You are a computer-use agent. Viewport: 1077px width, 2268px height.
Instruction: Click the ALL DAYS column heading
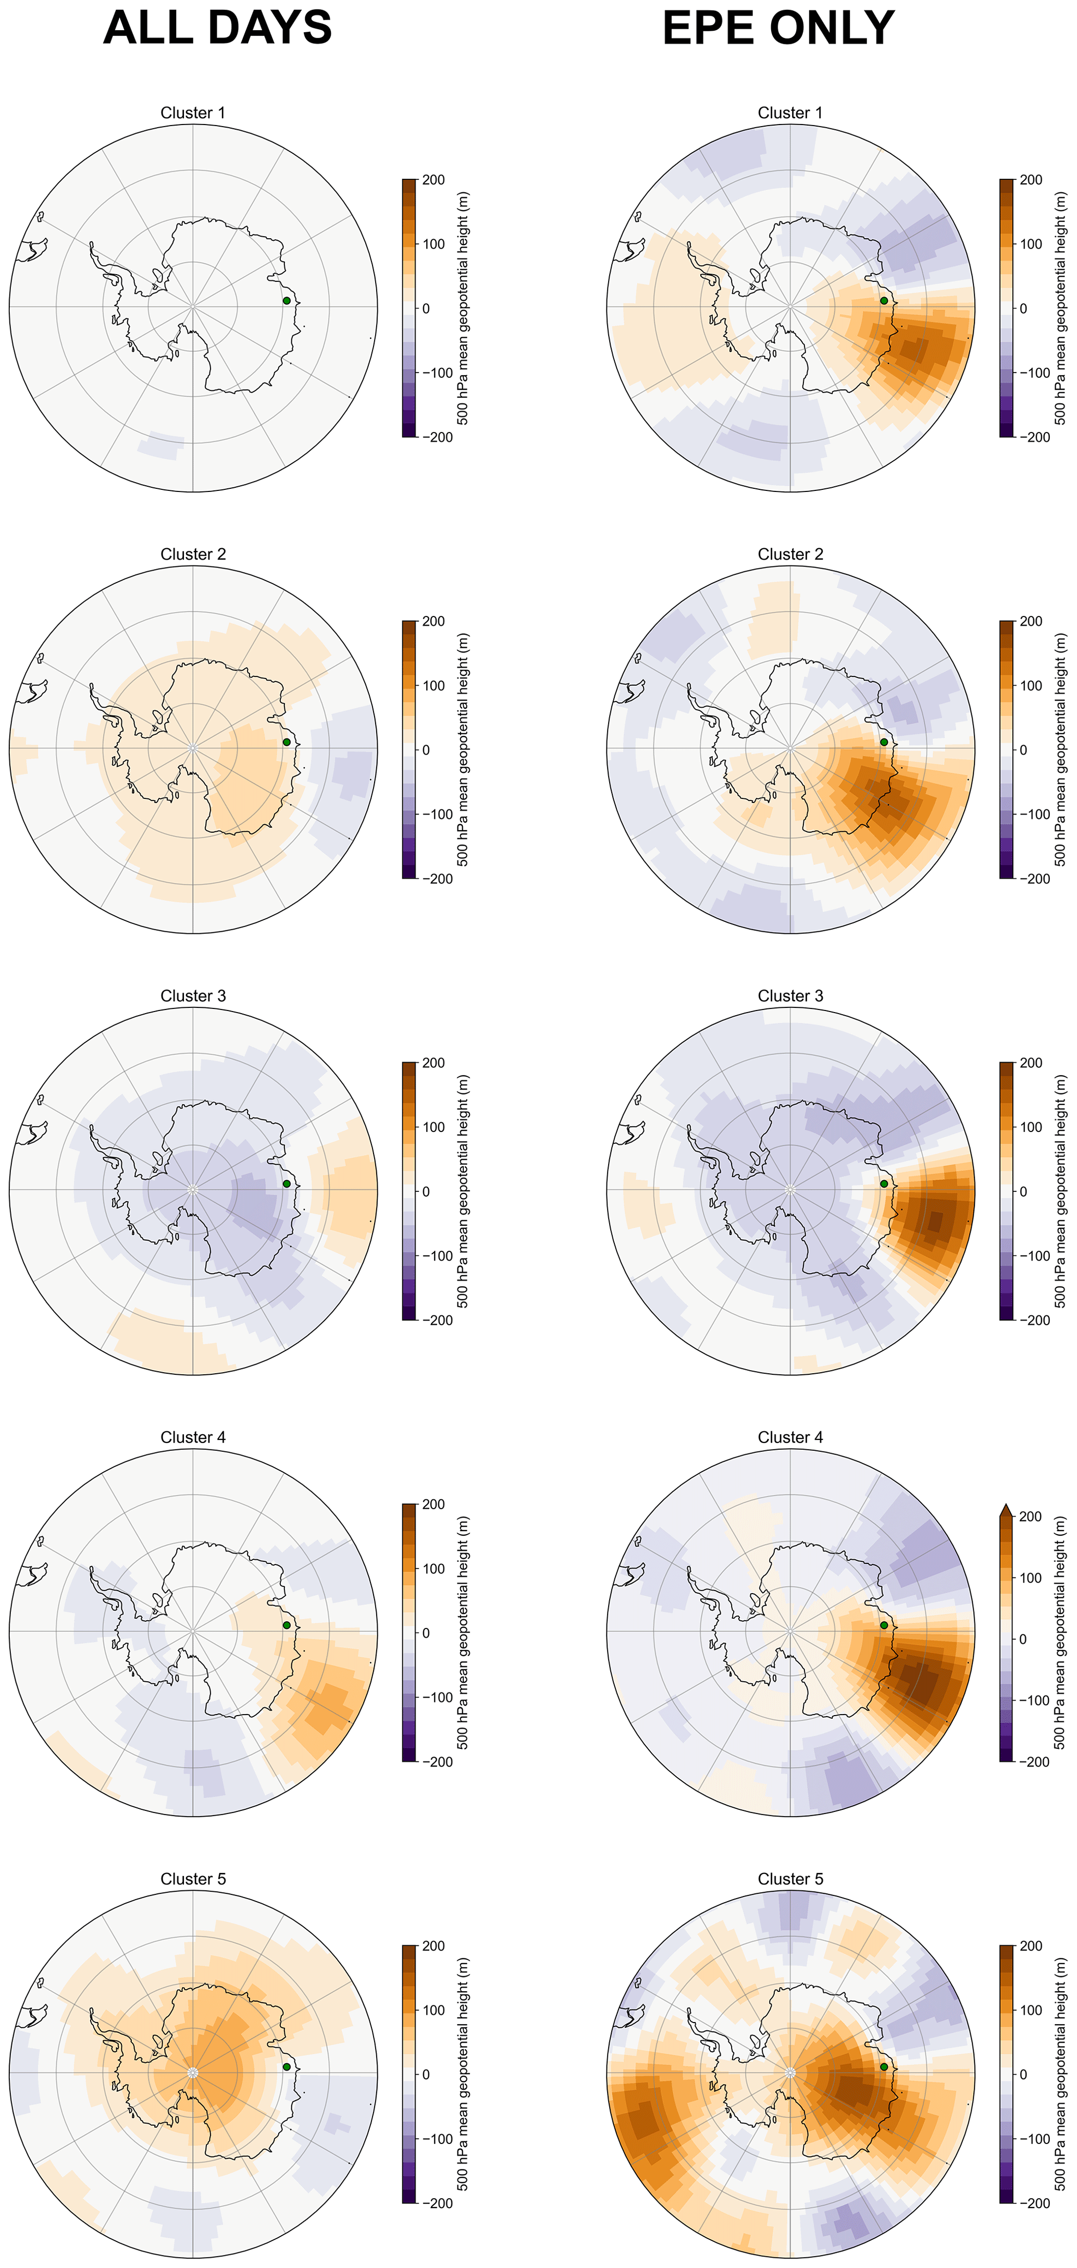[217, 28]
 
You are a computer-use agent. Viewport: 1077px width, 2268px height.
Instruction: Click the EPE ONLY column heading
[778, 28]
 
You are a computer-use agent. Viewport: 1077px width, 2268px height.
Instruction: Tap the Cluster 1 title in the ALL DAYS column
[193, 113]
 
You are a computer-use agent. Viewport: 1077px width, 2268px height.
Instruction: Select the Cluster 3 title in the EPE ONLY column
[790, 996]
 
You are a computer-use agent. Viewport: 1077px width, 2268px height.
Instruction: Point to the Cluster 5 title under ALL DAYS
[193, 1879]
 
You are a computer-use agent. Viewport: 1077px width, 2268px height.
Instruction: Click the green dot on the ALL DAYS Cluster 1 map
[286, 300]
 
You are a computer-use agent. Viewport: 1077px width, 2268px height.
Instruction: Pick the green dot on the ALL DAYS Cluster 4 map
[286, 1625]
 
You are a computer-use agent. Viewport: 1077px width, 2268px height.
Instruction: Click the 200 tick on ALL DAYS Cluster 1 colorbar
[434, 180]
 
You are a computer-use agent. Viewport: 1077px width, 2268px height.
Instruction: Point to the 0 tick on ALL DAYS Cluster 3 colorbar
[426, 1191]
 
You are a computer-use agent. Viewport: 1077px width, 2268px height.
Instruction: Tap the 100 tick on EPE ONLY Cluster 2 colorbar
[1031, 685]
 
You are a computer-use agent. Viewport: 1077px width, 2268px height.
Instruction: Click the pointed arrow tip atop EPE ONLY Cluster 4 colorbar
[1007, 1511]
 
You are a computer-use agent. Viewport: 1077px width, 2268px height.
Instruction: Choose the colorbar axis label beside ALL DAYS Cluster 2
[463, 749]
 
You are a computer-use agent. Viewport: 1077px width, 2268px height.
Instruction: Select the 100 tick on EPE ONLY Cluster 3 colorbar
[1031, 1127]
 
